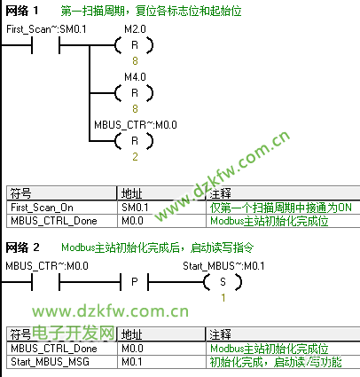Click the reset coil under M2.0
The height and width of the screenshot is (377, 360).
point(135,45)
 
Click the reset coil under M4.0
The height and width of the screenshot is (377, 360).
point(135,93)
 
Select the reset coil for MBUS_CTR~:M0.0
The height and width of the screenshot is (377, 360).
point(135,141)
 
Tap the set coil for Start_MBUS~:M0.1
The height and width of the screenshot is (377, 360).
point(223,282)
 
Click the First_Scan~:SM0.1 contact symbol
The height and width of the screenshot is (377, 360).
point(46,45)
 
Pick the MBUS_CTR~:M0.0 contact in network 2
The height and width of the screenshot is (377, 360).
point(46,282)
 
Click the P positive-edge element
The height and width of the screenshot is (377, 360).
point(135,282)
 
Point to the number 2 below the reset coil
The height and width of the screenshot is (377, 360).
point(135,157)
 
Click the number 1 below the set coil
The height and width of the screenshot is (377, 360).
point(223,297)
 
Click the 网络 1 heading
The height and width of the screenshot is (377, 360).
point(22,11)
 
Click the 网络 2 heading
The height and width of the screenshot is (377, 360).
point(22,247)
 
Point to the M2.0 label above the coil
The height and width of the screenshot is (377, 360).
point(135,29)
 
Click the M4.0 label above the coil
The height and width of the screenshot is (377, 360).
point(135,77)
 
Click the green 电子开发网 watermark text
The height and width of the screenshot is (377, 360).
point(74,333)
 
